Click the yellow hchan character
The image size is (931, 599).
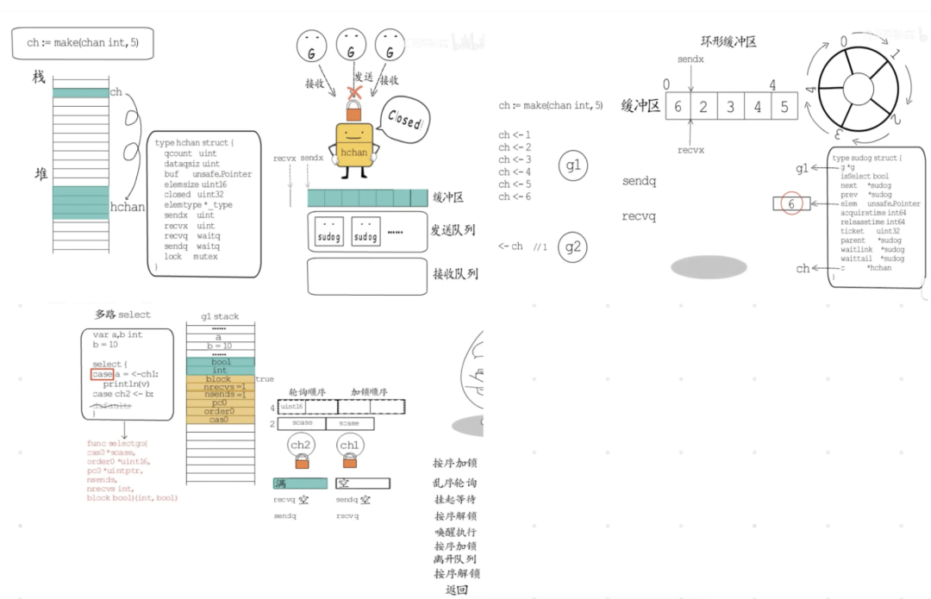point(354,147)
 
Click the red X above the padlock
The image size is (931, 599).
point(353,91)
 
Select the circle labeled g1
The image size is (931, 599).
point(573,166)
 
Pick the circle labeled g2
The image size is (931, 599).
point(573,247)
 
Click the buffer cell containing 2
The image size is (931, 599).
point(703,107)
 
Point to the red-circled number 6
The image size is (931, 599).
point(790,204)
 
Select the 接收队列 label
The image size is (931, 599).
point(455,275)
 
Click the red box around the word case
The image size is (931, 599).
point(102,375)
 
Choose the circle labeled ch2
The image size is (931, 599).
point(303,446)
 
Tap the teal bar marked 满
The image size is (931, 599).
point(300,484)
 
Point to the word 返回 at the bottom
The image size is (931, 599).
point(455,590)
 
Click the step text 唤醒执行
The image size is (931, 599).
point(455,532)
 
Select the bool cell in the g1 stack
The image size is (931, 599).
point(221,362)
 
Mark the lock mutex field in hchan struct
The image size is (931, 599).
point(191,257)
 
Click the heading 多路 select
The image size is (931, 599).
point(122,315)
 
